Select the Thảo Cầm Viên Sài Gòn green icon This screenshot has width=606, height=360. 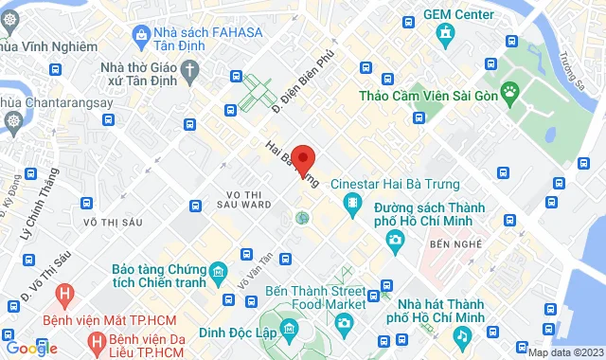(x=511, y=91)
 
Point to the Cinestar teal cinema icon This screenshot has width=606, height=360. (x=352, y=203)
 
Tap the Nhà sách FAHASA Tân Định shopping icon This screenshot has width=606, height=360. (x=142, y=36)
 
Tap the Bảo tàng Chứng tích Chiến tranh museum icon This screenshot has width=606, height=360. (x=218, y=275)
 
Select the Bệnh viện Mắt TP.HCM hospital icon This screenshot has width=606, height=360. (x=63, y=295)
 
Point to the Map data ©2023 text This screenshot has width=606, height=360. (x=564, y=352)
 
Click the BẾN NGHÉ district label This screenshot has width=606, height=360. (x=450, y=244)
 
